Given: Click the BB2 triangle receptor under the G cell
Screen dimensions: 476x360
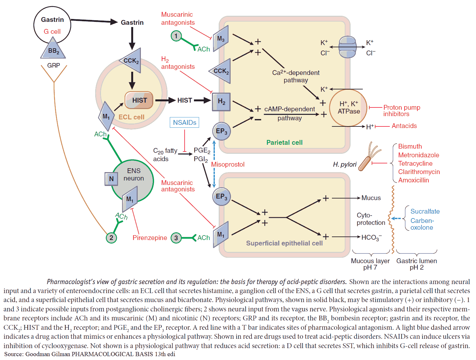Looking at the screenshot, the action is pyautogui.click(x=53, y=49).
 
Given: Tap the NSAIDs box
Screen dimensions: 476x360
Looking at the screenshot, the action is pyautogui.click(x=184, y=123).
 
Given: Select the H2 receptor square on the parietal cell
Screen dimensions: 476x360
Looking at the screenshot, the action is pyautogui.click(x=221, y=102).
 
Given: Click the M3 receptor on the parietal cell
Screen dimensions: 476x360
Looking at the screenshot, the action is pyautogui.click(x=221, y=39).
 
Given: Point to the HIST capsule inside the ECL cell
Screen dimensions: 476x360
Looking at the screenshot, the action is pyautogui.click(x=139, y=100).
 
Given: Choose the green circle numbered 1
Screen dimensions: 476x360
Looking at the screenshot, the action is pyautogui.click(x=176, y=36).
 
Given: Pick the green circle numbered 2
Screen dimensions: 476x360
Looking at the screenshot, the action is pyautogui.click(x=111, y=238).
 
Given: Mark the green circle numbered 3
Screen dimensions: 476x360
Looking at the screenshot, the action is pyautogui.click(x=176, y=238).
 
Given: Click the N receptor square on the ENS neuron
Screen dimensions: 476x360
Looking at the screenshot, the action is pyautogui.click(x=111, y=179).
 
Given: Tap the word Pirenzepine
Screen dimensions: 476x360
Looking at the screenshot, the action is pyautogui.click(x=150, y=238).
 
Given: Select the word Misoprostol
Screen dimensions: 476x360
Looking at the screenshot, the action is pyautogui.click(x=228, y=164).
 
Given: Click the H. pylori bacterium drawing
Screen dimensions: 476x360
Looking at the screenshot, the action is pyautogui.click(x=370, y=157).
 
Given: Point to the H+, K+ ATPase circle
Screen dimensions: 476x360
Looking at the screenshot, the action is pyautogui.click(x=348, y=108).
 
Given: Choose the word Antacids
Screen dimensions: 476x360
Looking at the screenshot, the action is pyautogui.click(x=404, y=126).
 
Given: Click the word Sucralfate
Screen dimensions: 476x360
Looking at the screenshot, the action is pyautogui.click(x=425, y=211).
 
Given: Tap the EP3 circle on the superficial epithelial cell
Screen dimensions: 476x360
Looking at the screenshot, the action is pyautogui.click(x=221, y=197).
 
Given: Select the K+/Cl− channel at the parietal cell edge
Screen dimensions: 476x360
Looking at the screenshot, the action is pyautogui.click(x=347, y=47).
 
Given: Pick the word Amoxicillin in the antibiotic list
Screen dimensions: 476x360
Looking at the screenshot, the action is pyautogui.click(x=413, y=180).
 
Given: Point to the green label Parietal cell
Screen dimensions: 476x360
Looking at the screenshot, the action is pyautogui.click(x=284, y=143).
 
